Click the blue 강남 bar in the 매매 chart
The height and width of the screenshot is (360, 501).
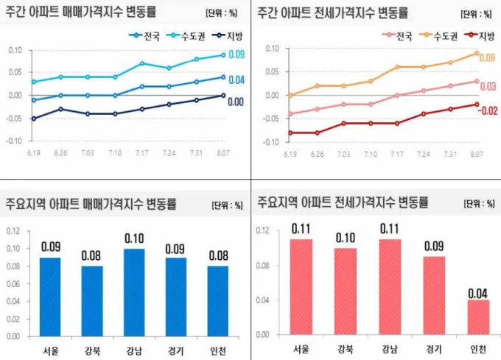tap(133, 291)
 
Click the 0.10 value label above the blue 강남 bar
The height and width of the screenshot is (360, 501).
tap(133, 239)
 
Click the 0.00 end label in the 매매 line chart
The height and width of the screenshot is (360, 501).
tap(236, 102)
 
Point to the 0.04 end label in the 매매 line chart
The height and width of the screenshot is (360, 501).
tap(236, 80)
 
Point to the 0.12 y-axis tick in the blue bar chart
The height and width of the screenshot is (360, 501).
tap(15, 231)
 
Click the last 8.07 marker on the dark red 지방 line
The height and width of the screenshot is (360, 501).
tap(477, 104)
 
